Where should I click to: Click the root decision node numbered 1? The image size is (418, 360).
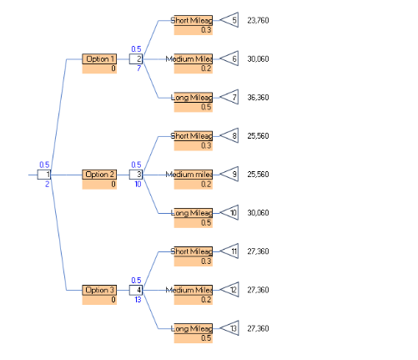45,175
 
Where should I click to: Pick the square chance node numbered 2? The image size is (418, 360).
137,59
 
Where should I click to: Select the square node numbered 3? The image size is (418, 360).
137,175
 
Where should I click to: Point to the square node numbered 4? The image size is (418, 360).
137,290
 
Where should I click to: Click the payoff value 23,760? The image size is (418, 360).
259,20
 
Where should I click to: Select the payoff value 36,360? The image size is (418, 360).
259,98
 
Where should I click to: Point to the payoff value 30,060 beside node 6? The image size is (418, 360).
259,59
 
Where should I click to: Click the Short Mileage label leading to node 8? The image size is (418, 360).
193,135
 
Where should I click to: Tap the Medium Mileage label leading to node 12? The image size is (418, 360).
191,290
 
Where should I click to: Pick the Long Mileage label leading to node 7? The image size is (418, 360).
193,98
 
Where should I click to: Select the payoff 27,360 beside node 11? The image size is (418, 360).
259,251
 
